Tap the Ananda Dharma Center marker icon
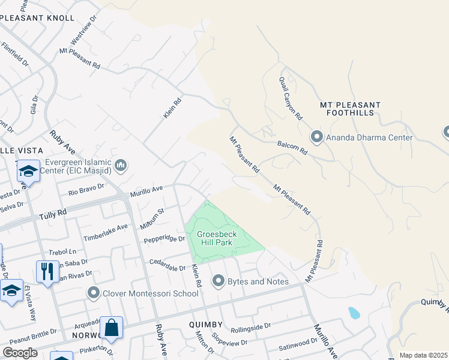316,137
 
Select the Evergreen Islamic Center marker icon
121,165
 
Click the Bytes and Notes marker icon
218,281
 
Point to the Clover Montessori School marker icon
93,293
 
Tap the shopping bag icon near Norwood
111,328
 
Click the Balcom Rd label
292,148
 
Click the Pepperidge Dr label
164,239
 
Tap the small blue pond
354,313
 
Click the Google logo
20,353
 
